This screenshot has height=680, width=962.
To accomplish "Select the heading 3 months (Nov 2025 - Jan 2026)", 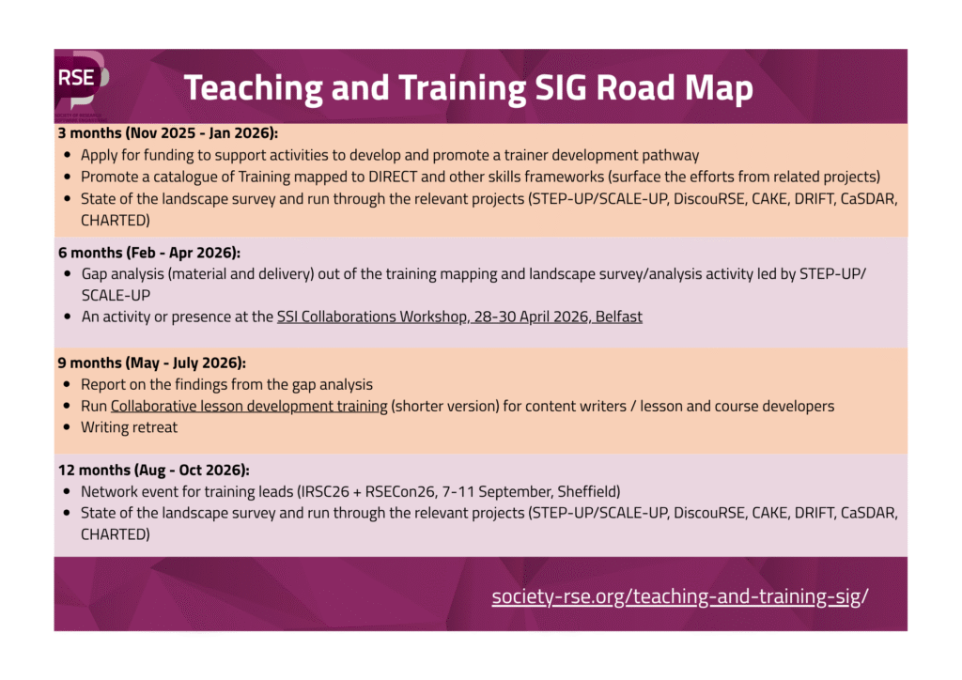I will click(168, 132).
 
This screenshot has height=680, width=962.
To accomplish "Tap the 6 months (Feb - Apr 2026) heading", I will click(149, 253).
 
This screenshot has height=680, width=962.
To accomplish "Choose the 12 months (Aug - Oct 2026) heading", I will click(154, 470).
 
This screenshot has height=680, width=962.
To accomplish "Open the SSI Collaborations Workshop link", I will click(459, 317).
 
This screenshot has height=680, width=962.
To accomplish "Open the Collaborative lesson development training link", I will click(249, 406).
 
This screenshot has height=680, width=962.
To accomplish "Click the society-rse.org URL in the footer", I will click(679, 596).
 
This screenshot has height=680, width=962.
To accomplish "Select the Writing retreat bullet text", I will click(129, 427).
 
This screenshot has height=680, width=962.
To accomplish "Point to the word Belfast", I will click(617, 317).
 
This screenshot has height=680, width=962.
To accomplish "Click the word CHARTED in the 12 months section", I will click(115, 534).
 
